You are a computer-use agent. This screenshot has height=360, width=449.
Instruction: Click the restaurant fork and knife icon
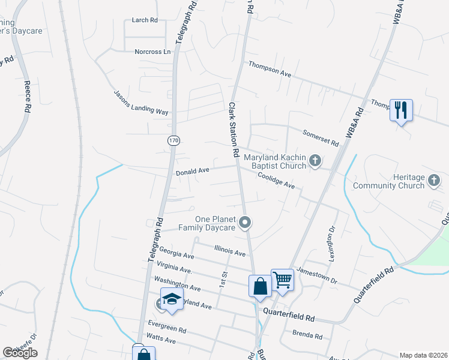tap(401, 110)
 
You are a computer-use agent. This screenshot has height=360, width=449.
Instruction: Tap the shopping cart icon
tap(282, 280)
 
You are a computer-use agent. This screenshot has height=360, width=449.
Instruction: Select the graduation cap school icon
tap(172, 299)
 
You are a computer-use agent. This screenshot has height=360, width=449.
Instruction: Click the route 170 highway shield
tap(173, 140)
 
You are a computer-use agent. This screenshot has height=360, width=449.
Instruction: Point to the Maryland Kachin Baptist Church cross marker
tap(315, 161)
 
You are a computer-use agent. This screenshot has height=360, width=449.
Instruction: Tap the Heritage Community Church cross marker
tap(433, 181)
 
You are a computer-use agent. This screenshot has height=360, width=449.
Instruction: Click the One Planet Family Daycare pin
tap(244, 223)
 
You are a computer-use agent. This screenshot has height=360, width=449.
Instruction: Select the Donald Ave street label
tap(192, 172)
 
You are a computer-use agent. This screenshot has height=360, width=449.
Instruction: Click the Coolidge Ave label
tap(276, 181)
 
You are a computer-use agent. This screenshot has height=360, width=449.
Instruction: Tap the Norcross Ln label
tap(152, 52)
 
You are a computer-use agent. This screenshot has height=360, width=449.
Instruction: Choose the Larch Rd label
tap(145, 20)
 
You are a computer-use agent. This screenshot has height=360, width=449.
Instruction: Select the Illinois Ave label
tap(230, 250)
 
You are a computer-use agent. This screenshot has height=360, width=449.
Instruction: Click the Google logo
tap(20, 352)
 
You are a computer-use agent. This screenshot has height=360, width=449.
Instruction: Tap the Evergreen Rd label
tap(167, 327)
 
